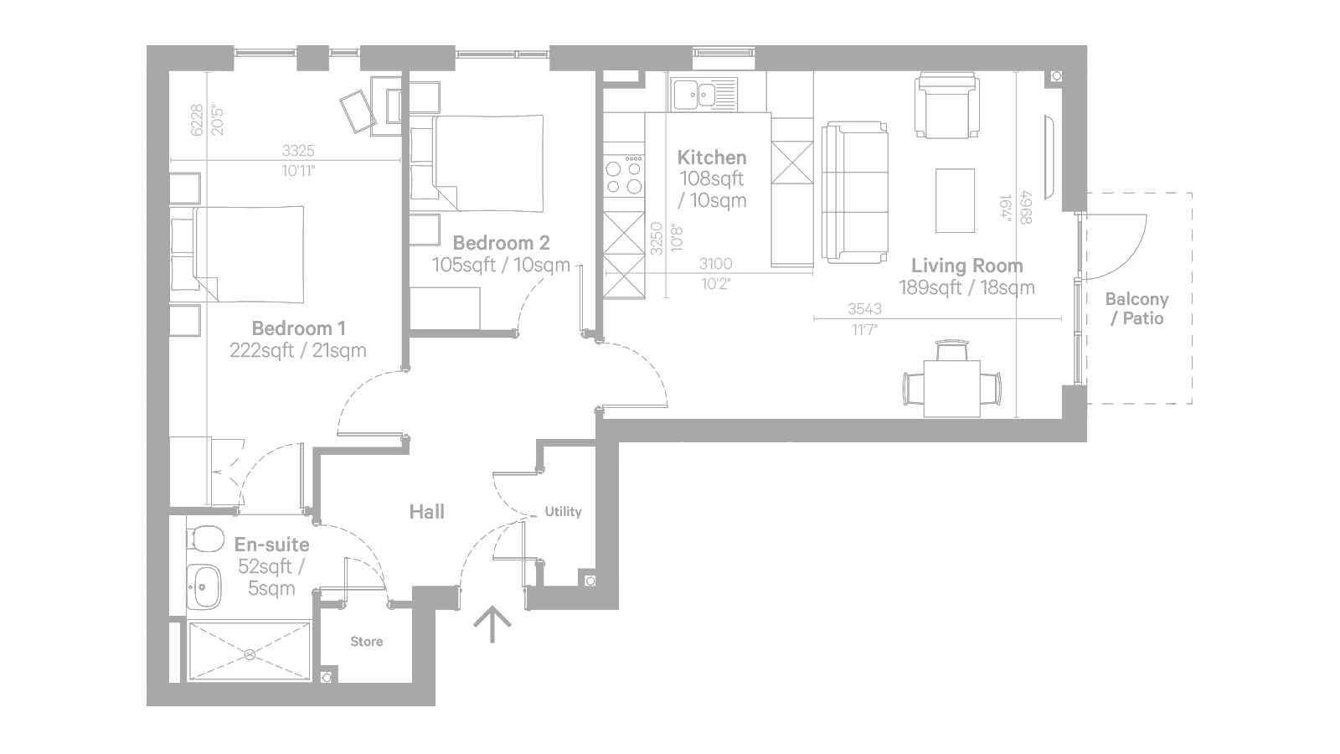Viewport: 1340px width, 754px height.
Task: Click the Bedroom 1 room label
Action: (x=298, y=328)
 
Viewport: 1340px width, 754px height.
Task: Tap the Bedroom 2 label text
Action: (x=502, y=243)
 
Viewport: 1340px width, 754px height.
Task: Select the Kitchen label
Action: (x=712, y=158)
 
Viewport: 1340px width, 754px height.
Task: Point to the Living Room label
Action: (x=967, y=266)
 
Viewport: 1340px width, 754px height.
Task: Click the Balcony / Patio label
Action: (x=1137, y=309)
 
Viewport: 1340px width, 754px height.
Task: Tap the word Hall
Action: (x=427, y=512)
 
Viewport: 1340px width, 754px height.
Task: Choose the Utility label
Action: (x=563, y=512)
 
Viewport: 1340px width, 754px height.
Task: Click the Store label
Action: (x=367, y=642)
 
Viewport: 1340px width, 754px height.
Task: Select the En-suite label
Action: (x=271, y=545)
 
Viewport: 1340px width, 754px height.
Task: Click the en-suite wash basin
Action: (x=204, y=587)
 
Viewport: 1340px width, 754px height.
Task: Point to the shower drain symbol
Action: (x=250, y=654)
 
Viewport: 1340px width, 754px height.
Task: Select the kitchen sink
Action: (x=703, y=94)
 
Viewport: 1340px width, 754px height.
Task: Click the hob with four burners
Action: (x=624, y=175)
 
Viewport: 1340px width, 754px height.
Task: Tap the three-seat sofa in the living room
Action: (x=854, y=192)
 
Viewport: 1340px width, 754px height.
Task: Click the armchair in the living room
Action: (x=947, y=106)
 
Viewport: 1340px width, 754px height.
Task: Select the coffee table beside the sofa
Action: (x=956, y=200)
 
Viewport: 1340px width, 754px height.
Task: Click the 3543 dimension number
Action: (x=864, y=309)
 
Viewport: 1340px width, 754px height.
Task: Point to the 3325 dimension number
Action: (x=298, y=150)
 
